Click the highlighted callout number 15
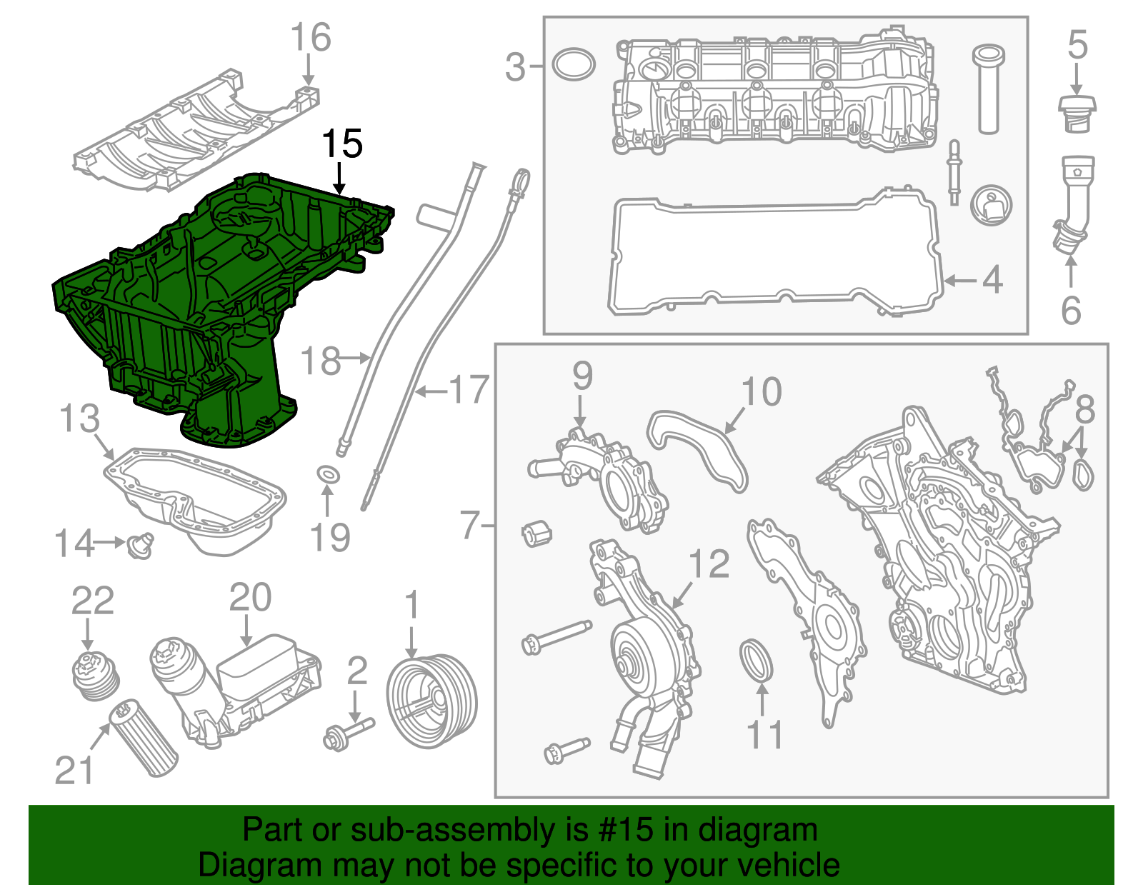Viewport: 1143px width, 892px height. (341, 144)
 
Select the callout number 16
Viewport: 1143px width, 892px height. (311, 38)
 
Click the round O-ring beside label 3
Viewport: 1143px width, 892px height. (574, 64)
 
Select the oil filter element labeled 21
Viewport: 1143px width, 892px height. (142, 738)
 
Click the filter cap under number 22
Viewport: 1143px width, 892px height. (96, 675)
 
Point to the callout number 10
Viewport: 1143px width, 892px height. (762, 392)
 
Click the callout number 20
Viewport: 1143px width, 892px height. (250, 598)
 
